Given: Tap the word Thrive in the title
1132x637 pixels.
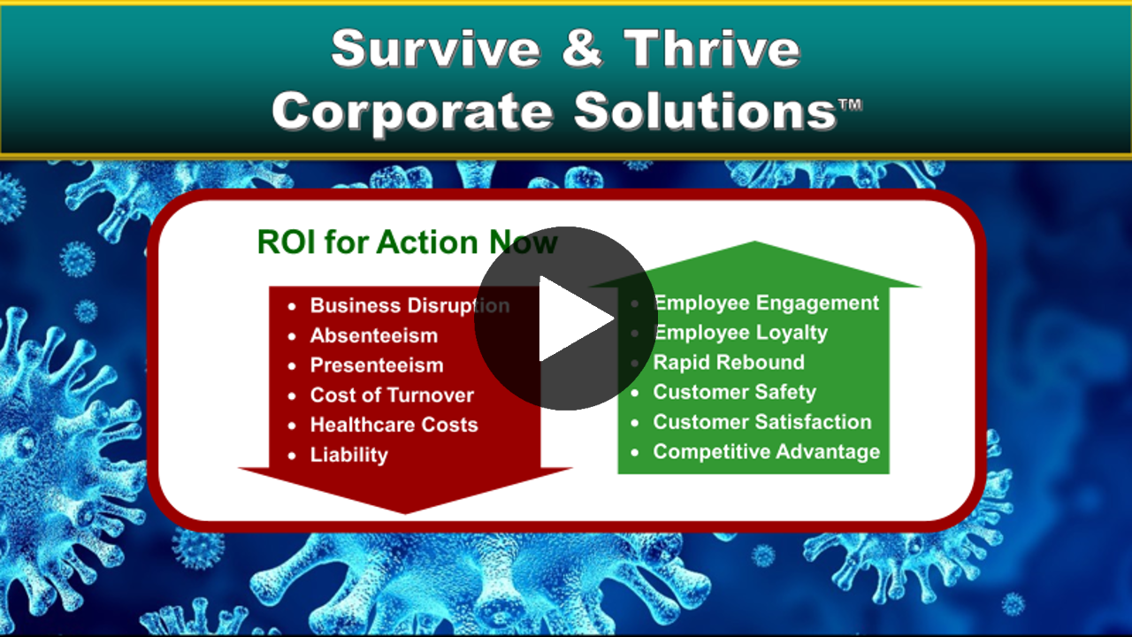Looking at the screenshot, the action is [712, 48].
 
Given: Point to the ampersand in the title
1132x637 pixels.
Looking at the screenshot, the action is [582, 49].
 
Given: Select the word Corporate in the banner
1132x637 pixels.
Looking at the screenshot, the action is [411, 112].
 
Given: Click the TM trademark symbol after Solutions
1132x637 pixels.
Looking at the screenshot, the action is [851, 104].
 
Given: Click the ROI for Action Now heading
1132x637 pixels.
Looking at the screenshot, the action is [408, 242].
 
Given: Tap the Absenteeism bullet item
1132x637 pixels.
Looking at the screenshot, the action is [374, 335].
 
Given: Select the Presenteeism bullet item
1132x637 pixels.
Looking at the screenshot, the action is [377, 365].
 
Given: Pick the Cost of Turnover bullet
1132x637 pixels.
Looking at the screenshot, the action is [392, 395].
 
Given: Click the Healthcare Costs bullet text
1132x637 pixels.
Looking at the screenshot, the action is [394, 425].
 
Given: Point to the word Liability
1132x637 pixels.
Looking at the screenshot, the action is [349, 455].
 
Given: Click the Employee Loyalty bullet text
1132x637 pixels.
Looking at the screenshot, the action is [740, 334].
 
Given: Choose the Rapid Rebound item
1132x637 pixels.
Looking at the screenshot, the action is [729, 363].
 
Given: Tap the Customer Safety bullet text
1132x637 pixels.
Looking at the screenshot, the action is [735, 392].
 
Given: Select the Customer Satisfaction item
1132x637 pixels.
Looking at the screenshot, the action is [762, 422].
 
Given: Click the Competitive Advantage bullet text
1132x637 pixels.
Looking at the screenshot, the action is [767, 452].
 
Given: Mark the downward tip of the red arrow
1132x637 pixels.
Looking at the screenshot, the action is [405, 514].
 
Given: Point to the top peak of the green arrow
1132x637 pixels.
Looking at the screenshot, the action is [755, 242].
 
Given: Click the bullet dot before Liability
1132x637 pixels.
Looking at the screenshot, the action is [292, 456].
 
